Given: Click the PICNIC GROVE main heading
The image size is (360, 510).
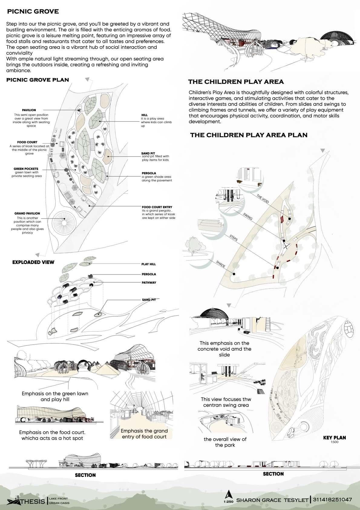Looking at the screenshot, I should (33, 12).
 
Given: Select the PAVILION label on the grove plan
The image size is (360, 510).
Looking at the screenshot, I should (29, 110).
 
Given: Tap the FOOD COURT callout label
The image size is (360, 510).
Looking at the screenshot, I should (27, 142).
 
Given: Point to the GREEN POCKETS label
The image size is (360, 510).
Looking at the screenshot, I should (26, 169).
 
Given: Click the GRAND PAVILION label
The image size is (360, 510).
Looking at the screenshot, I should (27, 213).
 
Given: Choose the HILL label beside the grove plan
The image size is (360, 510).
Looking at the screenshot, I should (144, 115).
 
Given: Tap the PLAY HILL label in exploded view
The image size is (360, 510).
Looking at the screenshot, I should (149, 264).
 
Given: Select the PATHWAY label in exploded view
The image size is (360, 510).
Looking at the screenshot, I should (149, 283).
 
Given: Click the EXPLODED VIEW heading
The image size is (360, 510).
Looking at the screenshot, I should (33, 262).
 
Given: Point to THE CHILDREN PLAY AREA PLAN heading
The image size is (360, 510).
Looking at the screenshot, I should (249, 135).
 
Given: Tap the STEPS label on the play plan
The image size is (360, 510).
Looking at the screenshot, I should (233, 238).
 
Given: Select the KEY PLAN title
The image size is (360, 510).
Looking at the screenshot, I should (334, 437).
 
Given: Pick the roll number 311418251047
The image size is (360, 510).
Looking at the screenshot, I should (332, 499).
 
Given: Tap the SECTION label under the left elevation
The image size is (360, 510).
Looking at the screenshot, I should (85, 475).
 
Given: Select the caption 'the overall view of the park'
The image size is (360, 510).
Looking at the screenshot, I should (225, 442).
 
